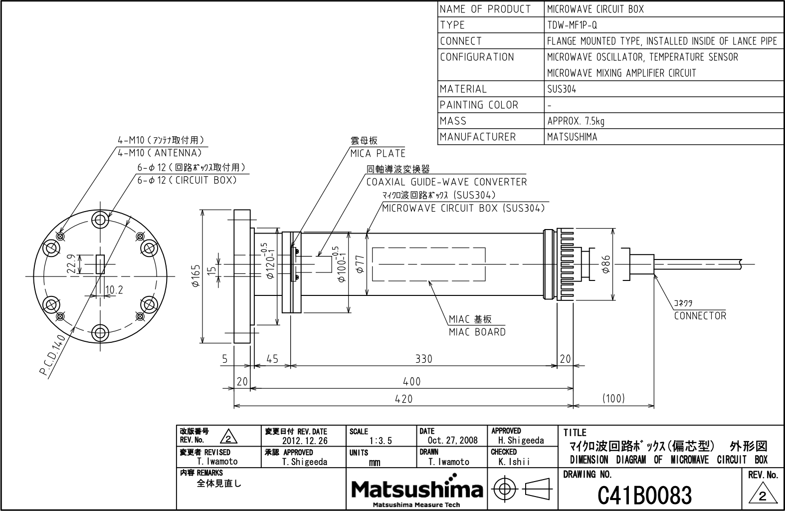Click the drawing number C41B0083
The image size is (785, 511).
(644, 495)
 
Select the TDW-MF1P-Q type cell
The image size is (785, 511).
(572, 25)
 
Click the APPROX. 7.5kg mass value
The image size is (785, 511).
(576, 121)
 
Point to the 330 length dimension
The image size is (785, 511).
(424, 359)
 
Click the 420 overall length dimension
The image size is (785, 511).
(403, 399)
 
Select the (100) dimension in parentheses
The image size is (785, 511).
(613, 398)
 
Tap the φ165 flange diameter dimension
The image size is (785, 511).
(196, 276)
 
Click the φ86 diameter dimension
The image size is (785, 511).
(606, 263)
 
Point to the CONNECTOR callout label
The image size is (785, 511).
(700, 315)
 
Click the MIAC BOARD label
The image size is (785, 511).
(477, 332)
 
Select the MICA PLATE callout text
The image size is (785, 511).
(378, 153)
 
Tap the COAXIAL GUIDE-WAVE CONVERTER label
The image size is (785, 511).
(446, 182)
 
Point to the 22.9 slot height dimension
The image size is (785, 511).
(71, 263)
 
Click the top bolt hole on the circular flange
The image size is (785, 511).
(100, 220)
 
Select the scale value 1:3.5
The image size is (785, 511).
(381, 441)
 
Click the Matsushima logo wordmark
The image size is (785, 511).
(416, 490)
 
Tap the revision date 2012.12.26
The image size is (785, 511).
(305, 441)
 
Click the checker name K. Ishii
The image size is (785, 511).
(514, 462)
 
